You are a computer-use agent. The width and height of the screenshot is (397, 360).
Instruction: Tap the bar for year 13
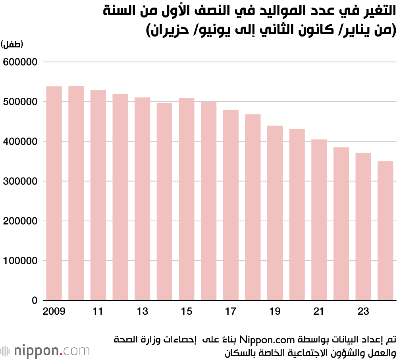(142, 199)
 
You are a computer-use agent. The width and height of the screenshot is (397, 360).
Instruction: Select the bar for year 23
(363, 226)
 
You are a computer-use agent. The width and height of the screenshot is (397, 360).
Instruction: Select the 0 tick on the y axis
(35, 300)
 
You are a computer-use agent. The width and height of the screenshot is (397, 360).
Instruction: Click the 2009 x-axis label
(54, 312)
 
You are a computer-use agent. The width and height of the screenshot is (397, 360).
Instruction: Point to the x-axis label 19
(275, 312)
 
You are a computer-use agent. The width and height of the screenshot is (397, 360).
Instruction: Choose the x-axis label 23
(363, 312)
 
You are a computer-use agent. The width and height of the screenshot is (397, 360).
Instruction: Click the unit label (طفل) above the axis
(12, 44)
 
